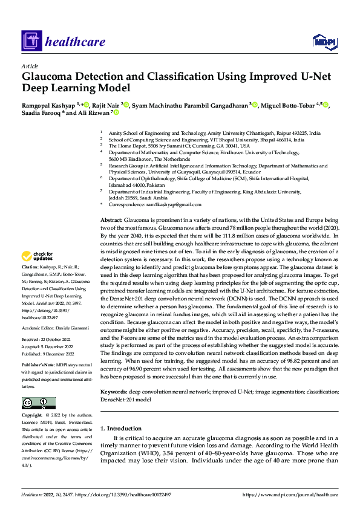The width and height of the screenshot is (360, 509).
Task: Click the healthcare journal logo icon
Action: pos(31,42)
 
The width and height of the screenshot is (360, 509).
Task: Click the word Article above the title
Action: pos(30,66)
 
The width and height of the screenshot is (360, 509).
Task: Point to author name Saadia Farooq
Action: pos(41,112)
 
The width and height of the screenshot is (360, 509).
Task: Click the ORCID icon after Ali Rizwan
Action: pos(116,112)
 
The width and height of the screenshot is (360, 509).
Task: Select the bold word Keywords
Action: pos(114,392)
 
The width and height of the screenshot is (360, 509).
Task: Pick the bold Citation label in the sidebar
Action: pos(30,266)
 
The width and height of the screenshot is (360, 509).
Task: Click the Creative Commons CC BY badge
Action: pos(38,403)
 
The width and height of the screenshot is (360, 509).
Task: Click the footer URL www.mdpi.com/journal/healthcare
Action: pos(290,494)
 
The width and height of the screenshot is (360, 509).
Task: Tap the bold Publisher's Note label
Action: pos(38,366)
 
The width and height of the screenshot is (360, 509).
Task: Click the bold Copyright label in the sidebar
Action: pos(32,415)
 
